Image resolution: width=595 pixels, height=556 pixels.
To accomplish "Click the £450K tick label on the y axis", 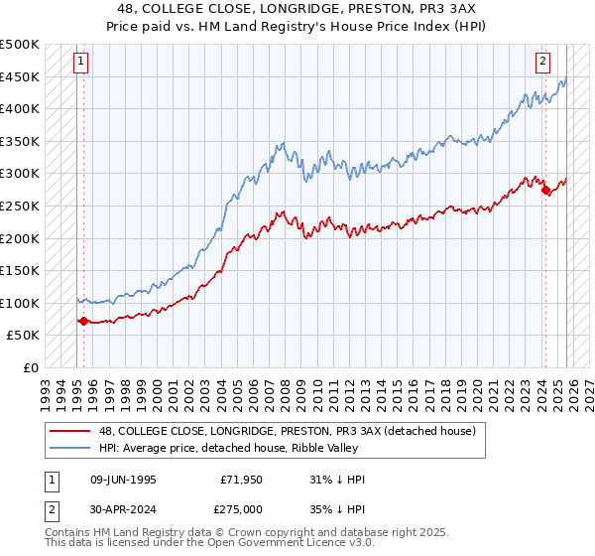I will click(x=20, y=76).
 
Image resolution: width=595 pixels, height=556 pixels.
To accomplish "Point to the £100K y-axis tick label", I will click(x=20, y=303).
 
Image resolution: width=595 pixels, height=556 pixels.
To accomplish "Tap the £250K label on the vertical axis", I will click(x=20, y=206).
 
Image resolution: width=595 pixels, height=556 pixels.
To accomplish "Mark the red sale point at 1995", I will click(x=83, y=321).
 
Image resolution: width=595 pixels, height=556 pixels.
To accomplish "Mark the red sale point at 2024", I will click(x=545, y=190).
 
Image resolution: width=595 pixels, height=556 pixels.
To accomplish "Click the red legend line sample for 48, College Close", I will click(x=69, y=431).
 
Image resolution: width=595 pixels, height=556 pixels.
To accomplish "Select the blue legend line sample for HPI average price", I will click(x=69, y=448).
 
